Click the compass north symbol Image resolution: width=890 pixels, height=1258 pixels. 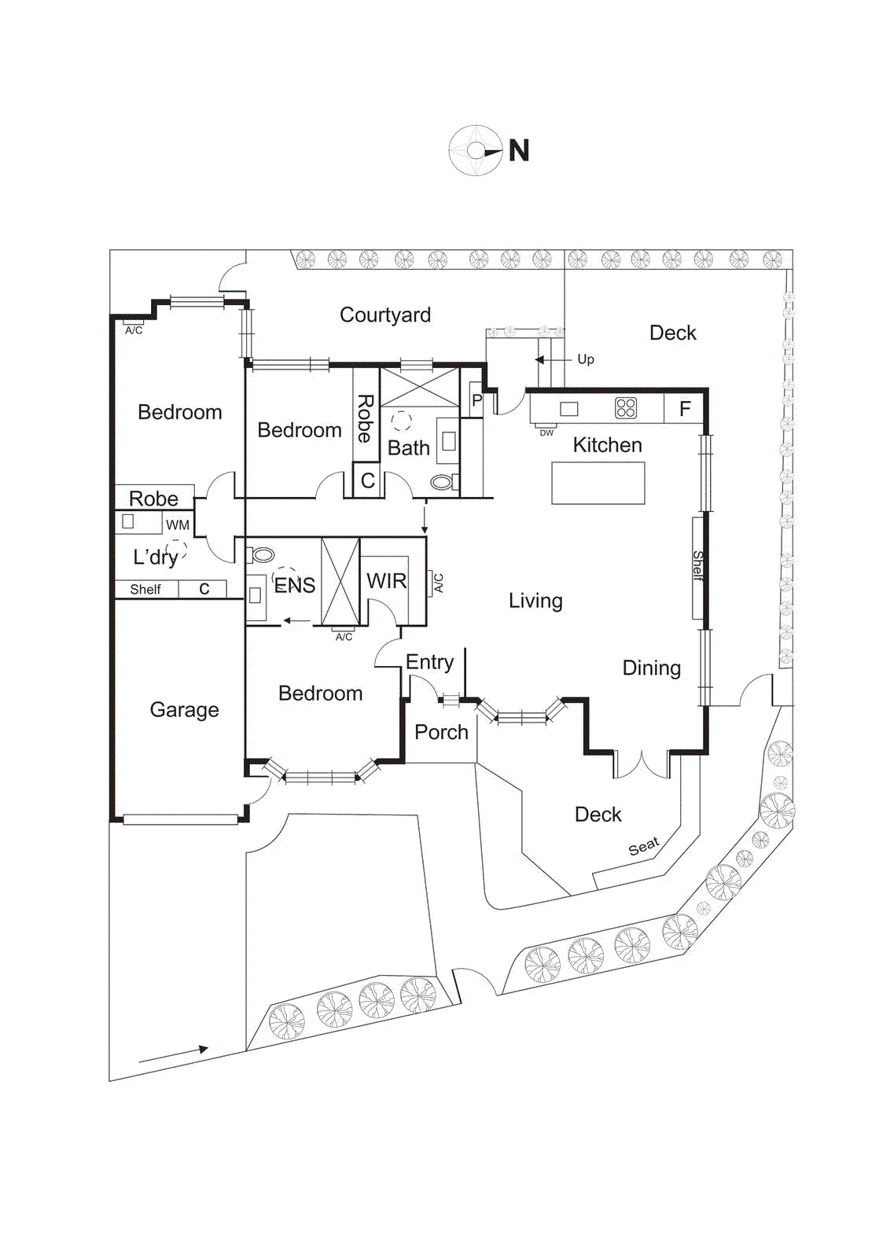(x=476, y=151)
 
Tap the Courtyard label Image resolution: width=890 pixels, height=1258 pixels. (x=384, y=315)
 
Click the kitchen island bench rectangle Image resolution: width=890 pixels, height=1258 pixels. (x=598, y=483)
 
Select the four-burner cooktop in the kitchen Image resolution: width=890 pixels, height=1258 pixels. (x=626, y=408)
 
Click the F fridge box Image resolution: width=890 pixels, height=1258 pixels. (x=684, y=409)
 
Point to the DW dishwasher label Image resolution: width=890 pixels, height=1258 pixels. (x=546, y=433)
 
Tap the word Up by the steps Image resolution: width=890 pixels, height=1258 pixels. (x=586, y=359)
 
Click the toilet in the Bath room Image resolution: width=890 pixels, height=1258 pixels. (x=443, y=482)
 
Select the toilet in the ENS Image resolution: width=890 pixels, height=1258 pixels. (x=262, y=555)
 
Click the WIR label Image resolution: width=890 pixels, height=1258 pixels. (x=386, y=581)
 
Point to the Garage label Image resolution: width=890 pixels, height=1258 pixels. (x=184, y=710)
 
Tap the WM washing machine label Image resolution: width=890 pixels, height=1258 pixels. (x=178, y=525)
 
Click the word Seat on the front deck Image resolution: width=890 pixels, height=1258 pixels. (x=643, y=847)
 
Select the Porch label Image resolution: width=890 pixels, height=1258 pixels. (x=441, y=732)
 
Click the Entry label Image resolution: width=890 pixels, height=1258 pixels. (x=429, y=662)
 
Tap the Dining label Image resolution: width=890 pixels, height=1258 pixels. (x=651, y=668)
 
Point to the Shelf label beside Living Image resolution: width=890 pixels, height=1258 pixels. (x=697, y=566)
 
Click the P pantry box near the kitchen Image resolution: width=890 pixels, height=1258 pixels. (x=476, y=400)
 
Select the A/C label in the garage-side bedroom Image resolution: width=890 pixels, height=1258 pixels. (x=134, y=330)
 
